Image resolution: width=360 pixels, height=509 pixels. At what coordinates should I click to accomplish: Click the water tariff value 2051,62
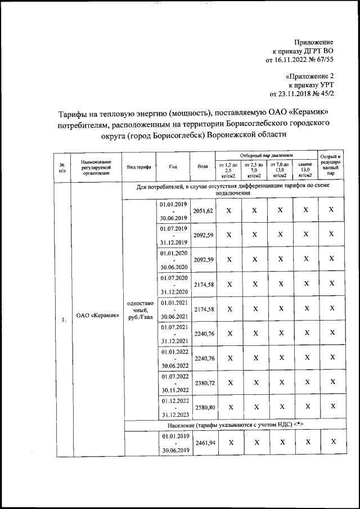[202, 211]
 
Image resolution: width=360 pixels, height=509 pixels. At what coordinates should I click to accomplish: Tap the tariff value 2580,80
[202, 406]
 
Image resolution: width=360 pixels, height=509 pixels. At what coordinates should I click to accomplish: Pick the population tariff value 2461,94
[202, 443]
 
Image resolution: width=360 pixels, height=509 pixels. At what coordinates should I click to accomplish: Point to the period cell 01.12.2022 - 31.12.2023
[174, 406]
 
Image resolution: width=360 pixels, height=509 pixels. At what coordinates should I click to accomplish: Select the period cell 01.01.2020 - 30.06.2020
[174, 259]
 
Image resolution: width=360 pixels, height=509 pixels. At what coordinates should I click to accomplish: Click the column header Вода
[202, 166]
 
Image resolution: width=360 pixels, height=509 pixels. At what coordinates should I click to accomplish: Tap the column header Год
[174, 166]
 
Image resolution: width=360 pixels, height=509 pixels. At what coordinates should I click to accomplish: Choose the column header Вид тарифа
[138, 167]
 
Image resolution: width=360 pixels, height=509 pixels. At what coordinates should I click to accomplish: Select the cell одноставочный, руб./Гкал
[138, 309]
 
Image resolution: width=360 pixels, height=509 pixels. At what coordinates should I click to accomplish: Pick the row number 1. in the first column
[64, 320]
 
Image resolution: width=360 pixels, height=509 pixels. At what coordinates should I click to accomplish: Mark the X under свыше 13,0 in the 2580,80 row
[305, 407]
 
